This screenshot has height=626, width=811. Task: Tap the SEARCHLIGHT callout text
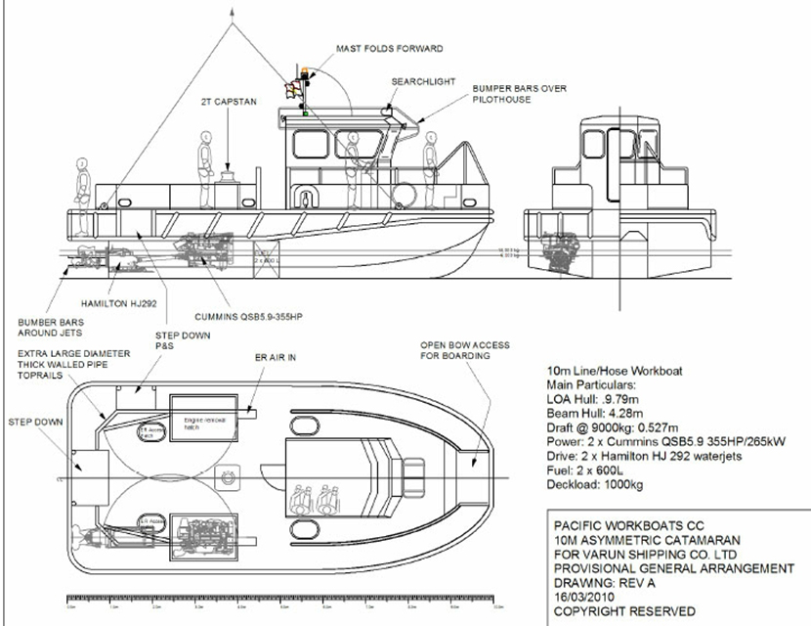point(423,82)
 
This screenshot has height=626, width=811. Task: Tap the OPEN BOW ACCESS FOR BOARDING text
point(454,350)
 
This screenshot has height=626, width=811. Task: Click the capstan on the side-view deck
point(229,175)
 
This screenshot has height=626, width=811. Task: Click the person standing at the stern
point(83,180)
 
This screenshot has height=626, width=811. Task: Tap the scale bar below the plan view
point(274,598)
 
